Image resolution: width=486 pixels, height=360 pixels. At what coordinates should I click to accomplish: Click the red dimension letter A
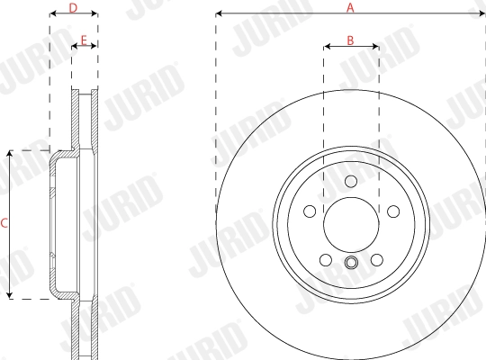click(351, 7)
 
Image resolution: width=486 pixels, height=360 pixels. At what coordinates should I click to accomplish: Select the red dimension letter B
click(351, 40)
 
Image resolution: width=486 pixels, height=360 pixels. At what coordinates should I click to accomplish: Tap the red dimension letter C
click(4, 223)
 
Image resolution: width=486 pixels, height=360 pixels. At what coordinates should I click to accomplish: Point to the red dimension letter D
click(73, 7)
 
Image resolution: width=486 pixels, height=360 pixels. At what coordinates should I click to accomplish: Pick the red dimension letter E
click(84, 40)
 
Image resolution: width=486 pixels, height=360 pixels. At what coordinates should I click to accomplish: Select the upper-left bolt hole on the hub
click(309, 211)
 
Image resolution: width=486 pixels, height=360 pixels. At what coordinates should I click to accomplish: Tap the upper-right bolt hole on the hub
click(393, 211)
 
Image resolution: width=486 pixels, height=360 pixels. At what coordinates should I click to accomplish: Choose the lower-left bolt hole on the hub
click(325, 261)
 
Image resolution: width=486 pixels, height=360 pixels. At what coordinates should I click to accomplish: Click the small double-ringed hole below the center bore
click(351, 264)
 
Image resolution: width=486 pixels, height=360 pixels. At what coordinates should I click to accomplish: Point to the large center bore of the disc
click(351, 225)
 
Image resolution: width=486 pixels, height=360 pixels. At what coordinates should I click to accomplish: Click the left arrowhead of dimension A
click(219, 14)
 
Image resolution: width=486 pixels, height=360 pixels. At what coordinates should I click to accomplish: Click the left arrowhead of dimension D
click(51, 14)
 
